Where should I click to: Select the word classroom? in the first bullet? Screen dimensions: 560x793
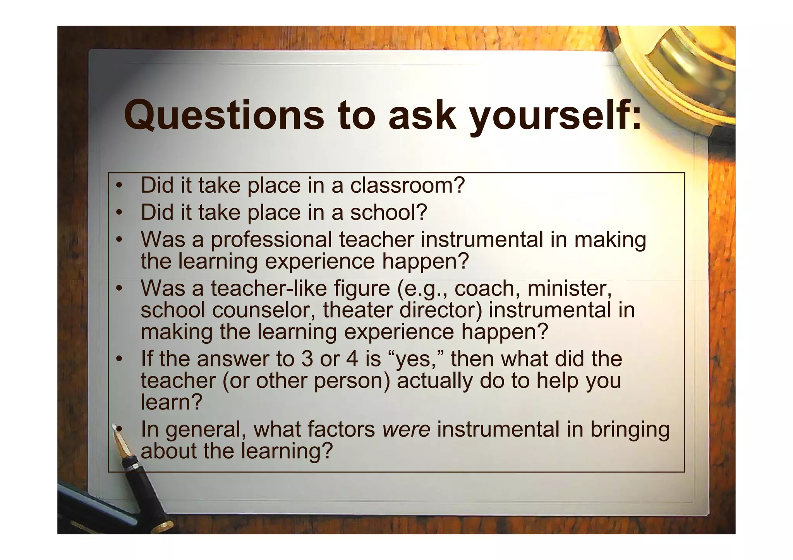tap(407, 185)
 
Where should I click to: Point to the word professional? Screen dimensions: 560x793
tap(271, 240)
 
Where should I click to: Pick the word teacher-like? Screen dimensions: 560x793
tap(300, 288)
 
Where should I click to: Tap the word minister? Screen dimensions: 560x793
tap(570, 288)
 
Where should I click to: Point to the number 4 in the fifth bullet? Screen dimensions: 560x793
tap(352, 359)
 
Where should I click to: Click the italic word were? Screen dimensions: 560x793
tap(406, 430)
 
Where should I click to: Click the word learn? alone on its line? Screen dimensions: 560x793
tap(172, 402)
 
